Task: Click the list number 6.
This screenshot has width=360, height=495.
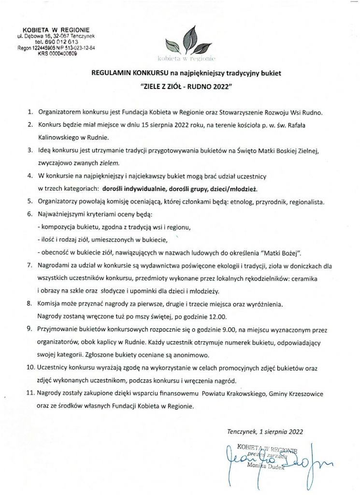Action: pos(29,214)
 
